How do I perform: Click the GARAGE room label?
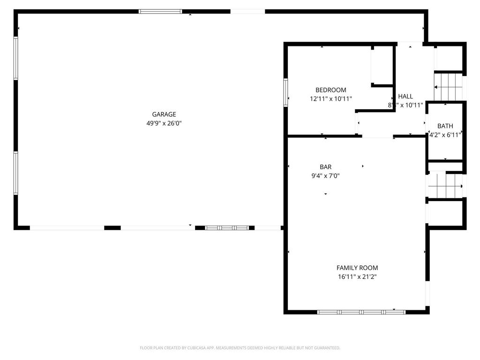[164, 114]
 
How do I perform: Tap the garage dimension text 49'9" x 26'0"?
[164, 123]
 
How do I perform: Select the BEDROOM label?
[330, 90]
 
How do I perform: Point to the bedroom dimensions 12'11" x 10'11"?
[330, 99]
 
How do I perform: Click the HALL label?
[405, 97]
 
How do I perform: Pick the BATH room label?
[445, 126]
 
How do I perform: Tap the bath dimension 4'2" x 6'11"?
[445, 135]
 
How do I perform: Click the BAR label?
[325, 167]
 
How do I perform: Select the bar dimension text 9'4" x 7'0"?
[325, 176]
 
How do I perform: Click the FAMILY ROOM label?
[357, 268]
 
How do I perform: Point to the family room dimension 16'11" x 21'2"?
[357, 277]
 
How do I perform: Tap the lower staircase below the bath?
[444, 185]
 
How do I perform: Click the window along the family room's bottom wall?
[361, 311]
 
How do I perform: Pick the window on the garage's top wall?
[160, 11]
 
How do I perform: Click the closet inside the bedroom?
[382, 66]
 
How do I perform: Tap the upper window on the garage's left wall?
[16, 58]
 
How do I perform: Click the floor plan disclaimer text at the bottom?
[240, 348]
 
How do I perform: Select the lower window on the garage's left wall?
[16, 172]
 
